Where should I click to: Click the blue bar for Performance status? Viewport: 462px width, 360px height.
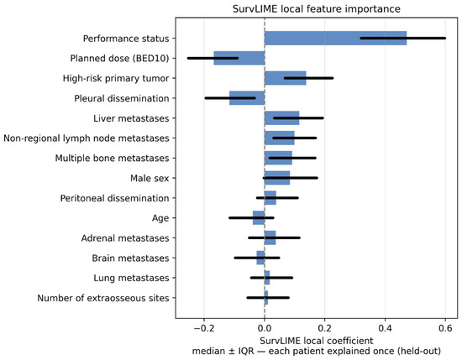pyautogui.click(x=336, y=39)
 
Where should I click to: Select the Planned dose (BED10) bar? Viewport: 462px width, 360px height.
pyautogui.click(x=239, y=58)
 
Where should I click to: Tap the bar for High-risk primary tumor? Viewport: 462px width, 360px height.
pyautogui.click(x=286, y=78)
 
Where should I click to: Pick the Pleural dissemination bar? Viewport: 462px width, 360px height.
pyautogui.click(x=247, y=98)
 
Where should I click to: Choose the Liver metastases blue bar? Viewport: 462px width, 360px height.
pyautogui.click(x=282, y=118)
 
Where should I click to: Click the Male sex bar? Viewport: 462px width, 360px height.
pyautogui.click(x=277, y=178)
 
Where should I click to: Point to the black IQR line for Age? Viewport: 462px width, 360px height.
pyautogui.click(x=251, y=218)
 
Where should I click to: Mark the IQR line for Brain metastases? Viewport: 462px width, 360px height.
pyautogui.click(x=257, y=258)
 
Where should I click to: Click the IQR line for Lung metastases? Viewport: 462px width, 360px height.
pyautogui.click(x=271, y=278)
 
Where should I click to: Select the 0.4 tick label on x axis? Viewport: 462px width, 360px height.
pyautogui.click(x=385, y=328)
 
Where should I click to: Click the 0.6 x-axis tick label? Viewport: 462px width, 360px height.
pyautogui.click(x=445, y=328)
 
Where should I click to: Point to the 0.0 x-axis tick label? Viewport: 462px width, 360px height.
pyautogui.click(x=265, y=328)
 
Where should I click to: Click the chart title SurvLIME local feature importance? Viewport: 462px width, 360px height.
pyautogui.click(x=317, y=9)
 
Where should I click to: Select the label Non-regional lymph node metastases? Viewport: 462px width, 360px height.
pyautogui.click(x=87, y=138)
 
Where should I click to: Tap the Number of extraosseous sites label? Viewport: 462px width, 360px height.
pyautogui.click(x=103, y=298)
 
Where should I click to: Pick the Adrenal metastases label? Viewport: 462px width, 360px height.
pyautogui.click(x=125, y=237)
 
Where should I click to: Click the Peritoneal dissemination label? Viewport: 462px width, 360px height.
pyautogui.click(x=114, y=198)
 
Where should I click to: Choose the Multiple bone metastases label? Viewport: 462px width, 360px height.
pyautogui.click(x=113, y=158)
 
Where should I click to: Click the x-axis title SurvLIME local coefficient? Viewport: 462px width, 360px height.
pyautogui.click(x=317, y=341)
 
